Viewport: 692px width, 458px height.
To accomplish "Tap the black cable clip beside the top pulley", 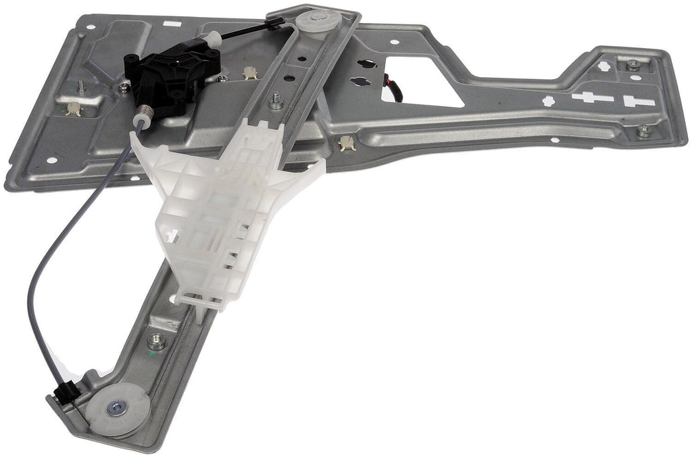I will click(274, 24).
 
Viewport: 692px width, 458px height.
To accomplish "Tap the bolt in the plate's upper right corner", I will click(633, 65).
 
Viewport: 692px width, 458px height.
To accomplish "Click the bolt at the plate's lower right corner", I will click(643, 131).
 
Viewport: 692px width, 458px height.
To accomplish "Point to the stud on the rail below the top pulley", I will click(276, 102).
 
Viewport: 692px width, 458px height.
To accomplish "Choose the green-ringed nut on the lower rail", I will click(157, 341).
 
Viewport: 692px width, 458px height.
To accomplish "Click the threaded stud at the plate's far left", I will click(80, 87).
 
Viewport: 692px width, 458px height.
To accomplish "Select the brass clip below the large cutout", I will click(347, 142).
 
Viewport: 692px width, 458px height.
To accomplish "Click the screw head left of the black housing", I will click(124, 87).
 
